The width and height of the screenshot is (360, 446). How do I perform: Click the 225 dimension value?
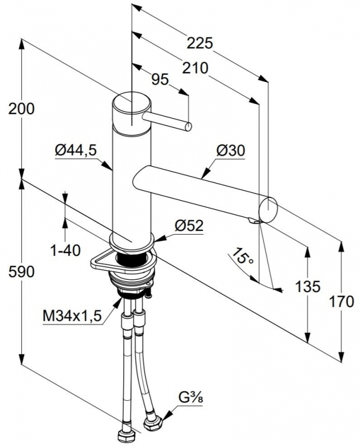200,43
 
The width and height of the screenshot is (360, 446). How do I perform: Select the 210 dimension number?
195,68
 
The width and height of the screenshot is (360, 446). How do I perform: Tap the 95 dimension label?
160,79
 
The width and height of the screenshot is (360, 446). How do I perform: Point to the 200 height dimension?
21,109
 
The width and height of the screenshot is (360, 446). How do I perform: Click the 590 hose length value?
21,272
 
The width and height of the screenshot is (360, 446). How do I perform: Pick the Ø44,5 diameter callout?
76,150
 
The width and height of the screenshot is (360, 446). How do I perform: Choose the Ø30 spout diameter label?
230,151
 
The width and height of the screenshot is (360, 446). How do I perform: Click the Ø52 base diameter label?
189,226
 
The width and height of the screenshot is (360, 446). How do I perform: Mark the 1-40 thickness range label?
65,250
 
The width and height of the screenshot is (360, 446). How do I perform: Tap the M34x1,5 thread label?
72,316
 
